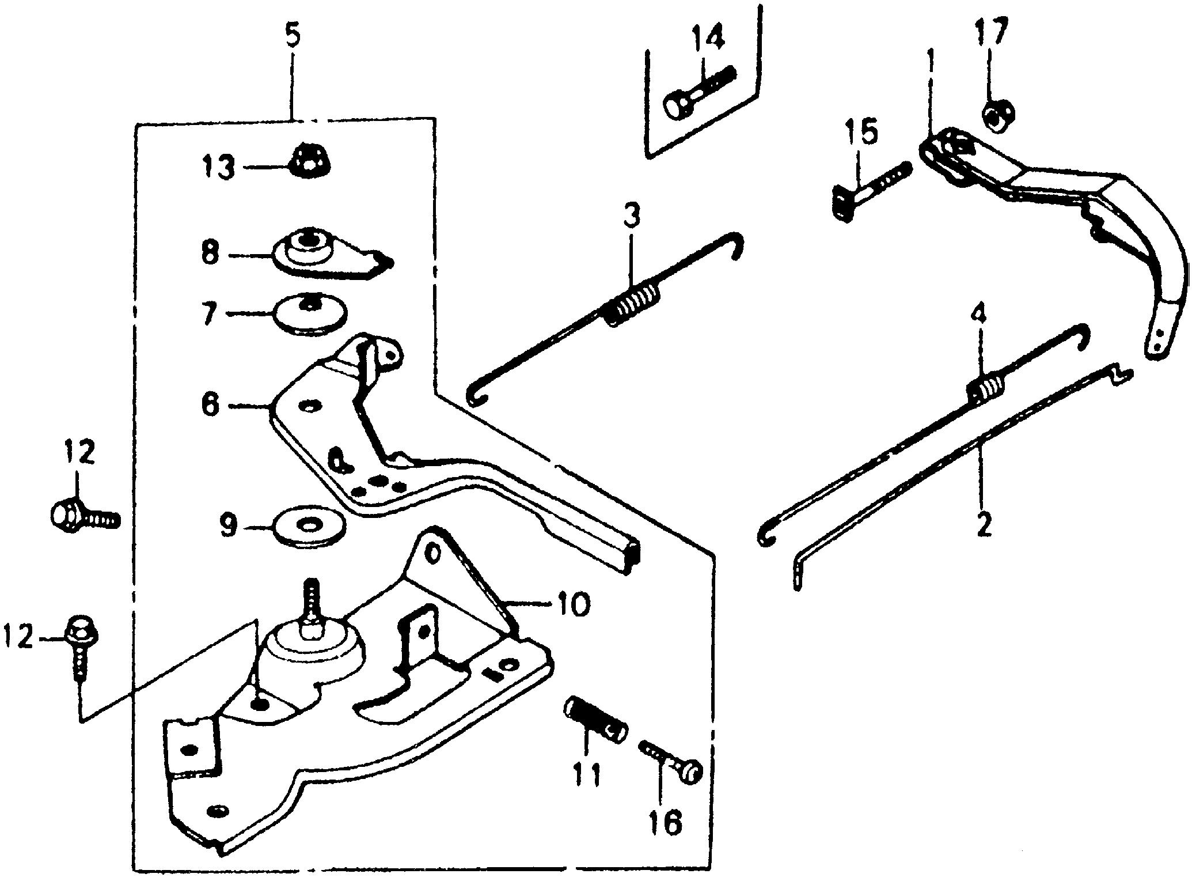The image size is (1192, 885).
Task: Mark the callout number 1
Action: coord(931,65)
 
